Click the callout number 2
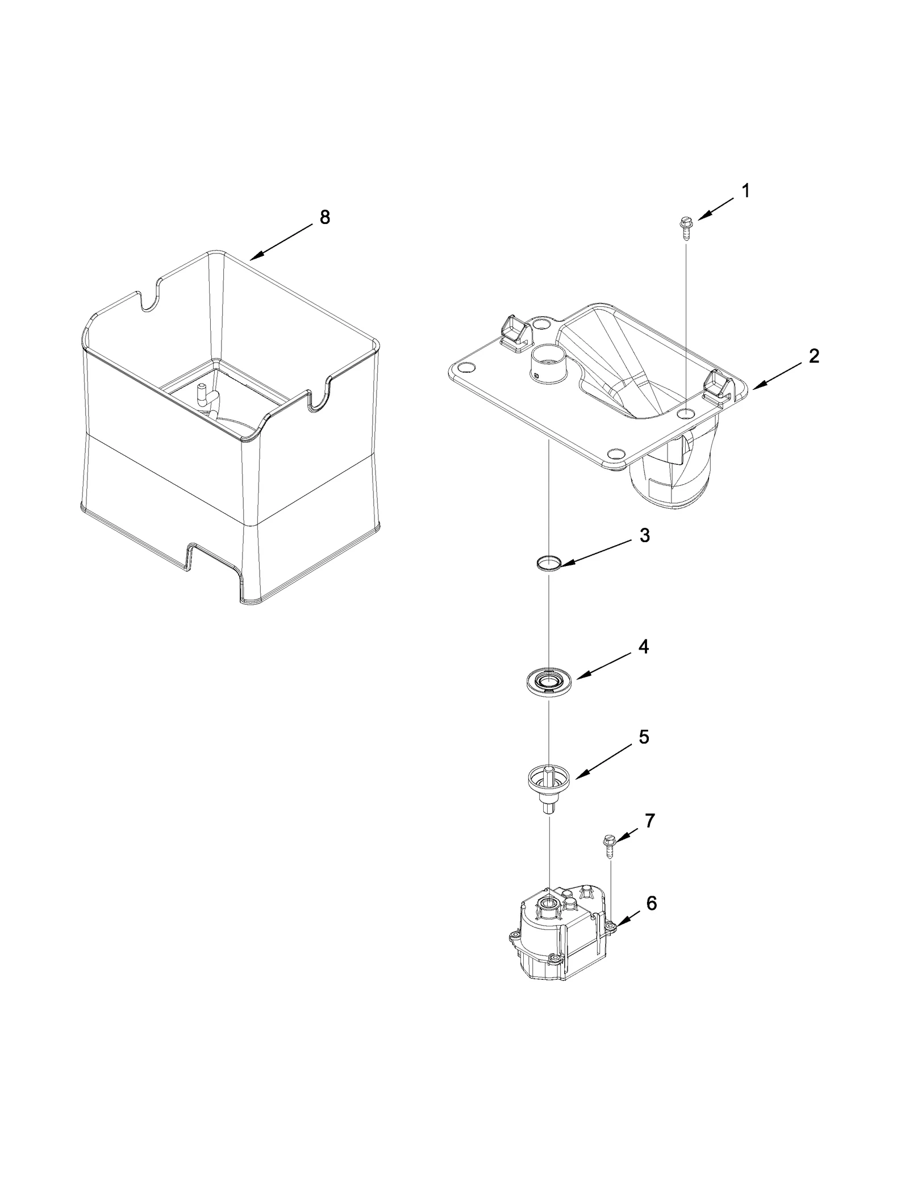point(814,356)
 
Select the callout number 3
point(644,535)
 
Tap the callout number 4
point(643,647)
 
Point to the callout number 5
point(644,737)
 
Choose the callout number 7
point(650,821)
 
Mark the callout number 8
point(324,217)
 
